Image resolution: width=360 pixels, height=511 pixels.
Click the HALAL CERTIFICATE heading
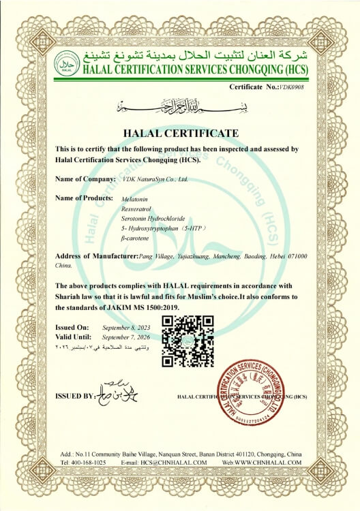181,132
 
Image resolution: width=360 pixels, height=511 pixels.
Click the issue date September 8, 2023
127,328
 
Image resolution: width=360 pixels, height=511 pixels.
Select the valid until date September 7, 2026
127,337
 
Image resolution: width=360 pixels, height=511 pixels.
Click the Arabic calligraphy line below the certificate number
180,106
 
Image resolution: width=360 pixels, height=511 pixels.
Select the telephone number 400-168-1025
87,462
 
